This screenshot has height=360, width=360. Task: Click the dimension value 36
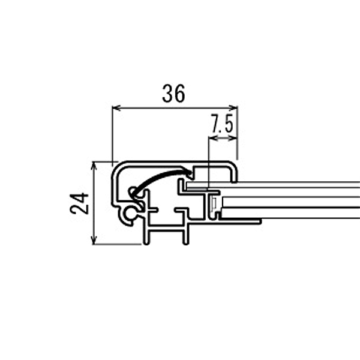[x=173, y=94]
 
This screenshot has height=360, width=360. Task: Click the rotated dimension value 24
[x=79, y=203]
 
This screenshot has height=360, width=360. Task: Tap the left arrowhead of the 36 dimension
[x=116, y=107]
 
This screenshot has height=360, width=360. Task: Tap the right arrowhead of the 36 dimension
[x=233, y=107]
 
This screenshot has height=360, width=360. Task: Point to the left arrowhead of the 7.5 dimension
[x=213, y=138]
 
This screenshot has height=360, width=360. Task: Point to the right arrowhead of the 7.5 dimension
[x=233, y=138]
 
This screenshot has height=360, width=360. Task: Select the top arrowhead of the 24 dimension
[x=94, y=166]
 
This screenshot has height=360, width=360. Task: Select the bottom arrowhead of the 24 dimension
[x=94, y=241]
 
